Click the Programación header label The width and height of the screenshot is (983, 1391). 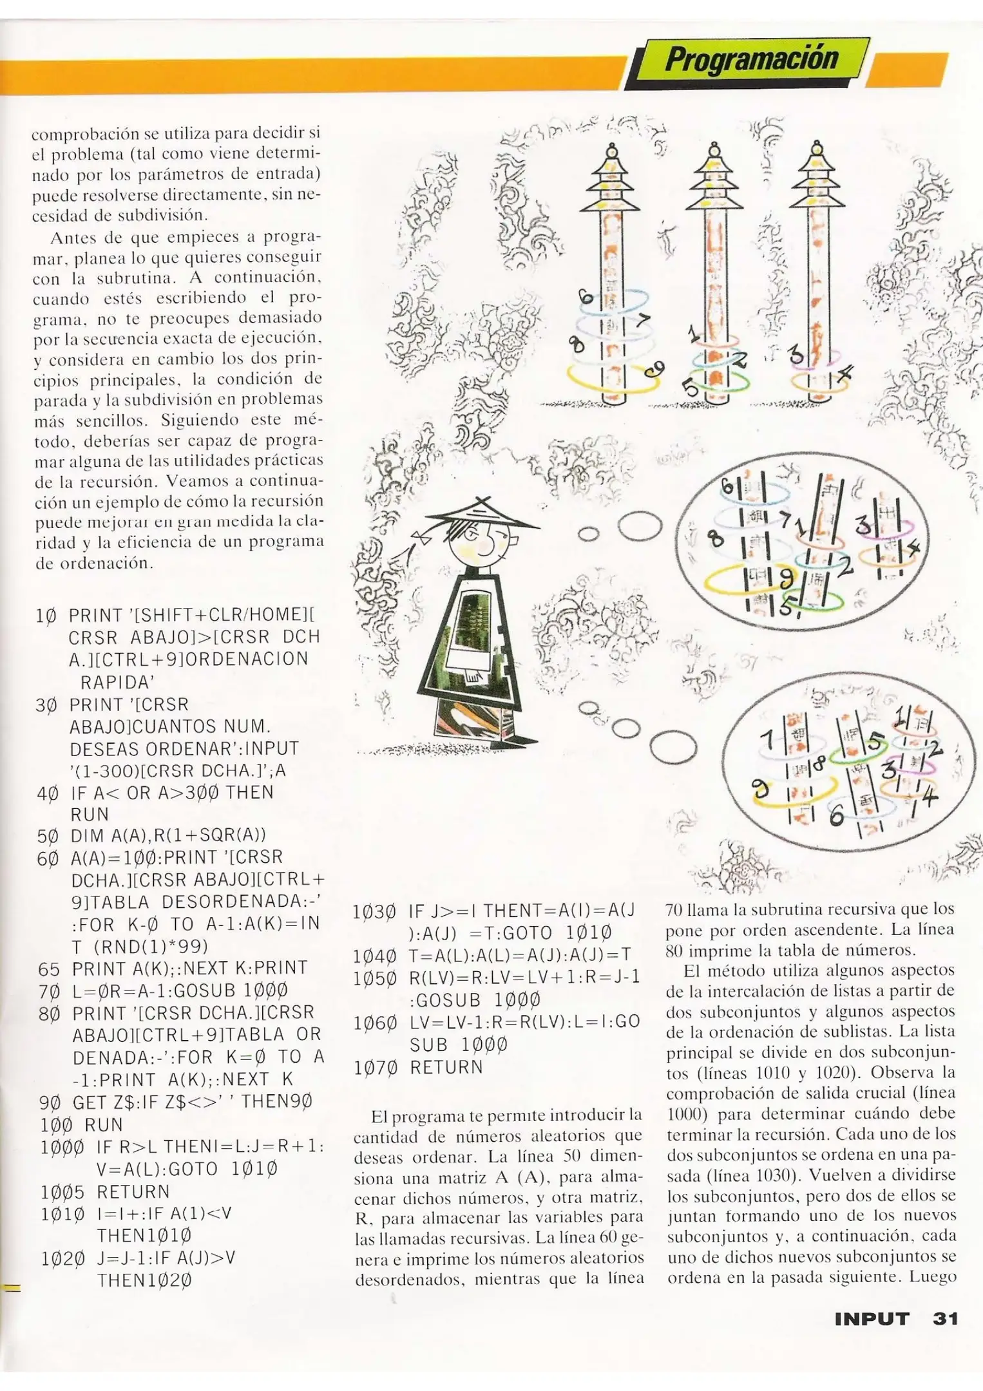[x=751, y=60]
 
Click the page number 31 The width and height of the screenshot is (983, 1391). [x=945, y=1318]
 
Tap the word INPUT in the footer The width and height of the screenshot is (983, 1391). [x=872, y=1318]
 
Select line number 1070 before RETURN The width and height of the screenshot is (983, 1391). [x=373, y=1068]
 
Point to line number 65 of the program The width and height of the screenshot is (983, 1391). [x=49, y=969]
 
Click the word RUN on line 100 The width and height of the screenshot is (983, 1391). [x=103, y=1125]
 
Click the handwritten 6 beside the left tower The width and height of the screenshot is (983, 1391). [x=585, y=298]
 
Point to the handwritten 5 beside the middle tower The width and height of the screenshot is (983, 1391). [x=689, y=387]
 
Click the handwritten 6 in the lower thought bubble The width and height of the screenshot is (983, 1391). [x=836, y=817]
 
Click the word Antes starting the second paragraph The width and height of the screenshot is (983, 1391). [x=73, y=237]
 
